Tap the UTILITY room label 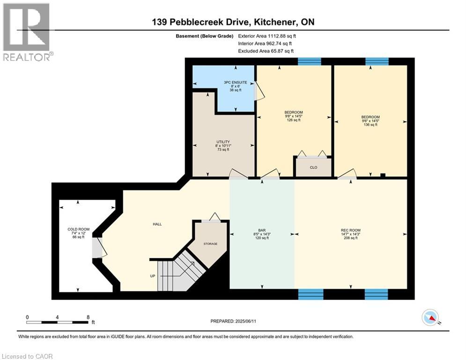[x=222, y=145]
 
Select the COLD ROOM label [x=78, y=233]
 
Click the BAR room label [x=262, y=234]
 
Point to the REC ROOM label [x=350, y=234]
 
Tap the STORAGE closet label [x=210, y=244]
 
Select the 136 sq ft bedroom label [x=370, y=121]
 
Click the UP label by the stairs [x=152, y=276]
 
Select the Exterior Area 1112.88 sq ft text [x=267, y=36]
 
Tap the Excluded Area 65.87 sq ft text [x=266, y=51]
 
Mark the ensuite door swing [x=259, y=91]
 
